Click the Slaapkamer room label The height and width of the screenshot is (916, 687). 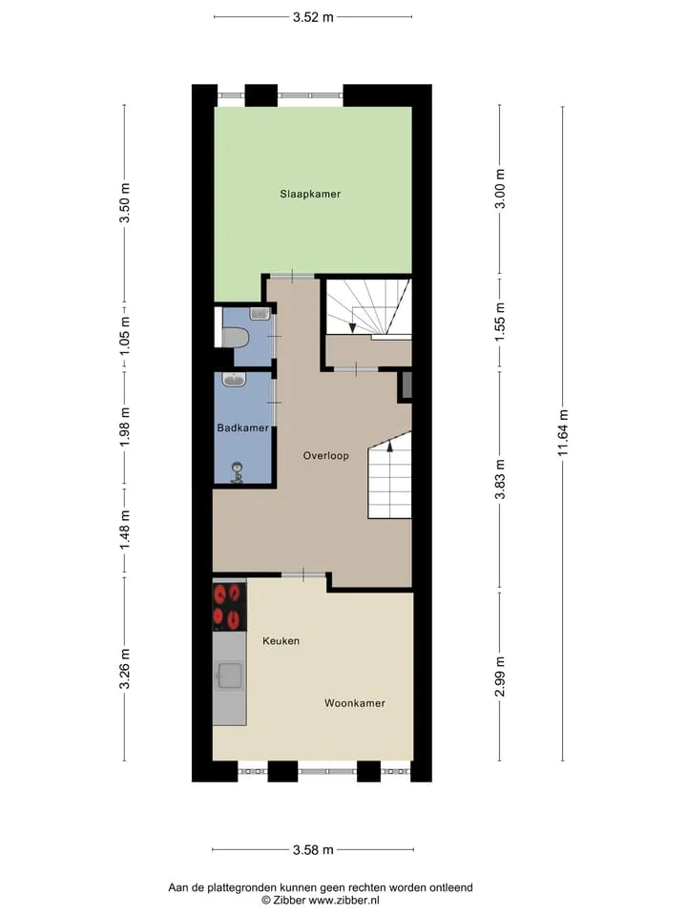click(x=309, y=194)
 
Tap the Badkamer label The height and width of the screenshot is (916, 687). click(x=243, y=427)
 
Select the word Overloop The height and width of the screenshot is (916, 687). click(x=326, y=456)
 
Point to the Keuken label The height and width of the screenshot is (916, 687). click(x=281, y=641)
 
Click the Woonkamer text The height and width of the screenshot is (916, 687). click(x=355, y=703)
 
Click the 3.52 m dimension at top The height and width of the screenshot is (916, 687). click(x=313, y=17)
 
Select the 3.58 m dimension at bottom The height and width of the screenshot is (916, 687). click(x=313, y=849)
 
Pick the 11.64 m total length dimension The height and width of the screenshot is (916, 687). click(x=563, y=433)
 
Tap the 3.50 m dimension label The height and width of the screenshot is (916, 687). click(x=124, y=202)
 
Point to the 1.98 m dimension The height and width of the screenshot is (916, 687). click(x=124, y=427)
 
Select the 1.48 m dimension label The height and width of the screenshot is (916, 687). click(x=124, y=530)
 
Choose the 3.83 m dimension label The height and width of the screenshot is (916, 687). click(x=499, y=480)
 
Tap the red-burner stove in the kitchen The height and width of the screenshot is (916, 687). click(x=229, y=607)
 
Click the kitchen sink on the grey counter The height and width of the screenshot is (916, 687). click(x=230, y=677)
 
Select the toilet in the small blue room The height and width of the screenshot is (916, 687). click(x=235, y=337)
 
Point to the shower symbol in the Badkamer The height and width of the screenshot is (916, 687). click(x=238, y=472)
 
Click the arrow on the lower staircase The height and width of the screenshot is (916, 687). click(x=389, y=447)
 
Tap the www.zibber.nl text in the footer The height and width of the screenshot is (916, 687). click(x=344, y=900)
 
